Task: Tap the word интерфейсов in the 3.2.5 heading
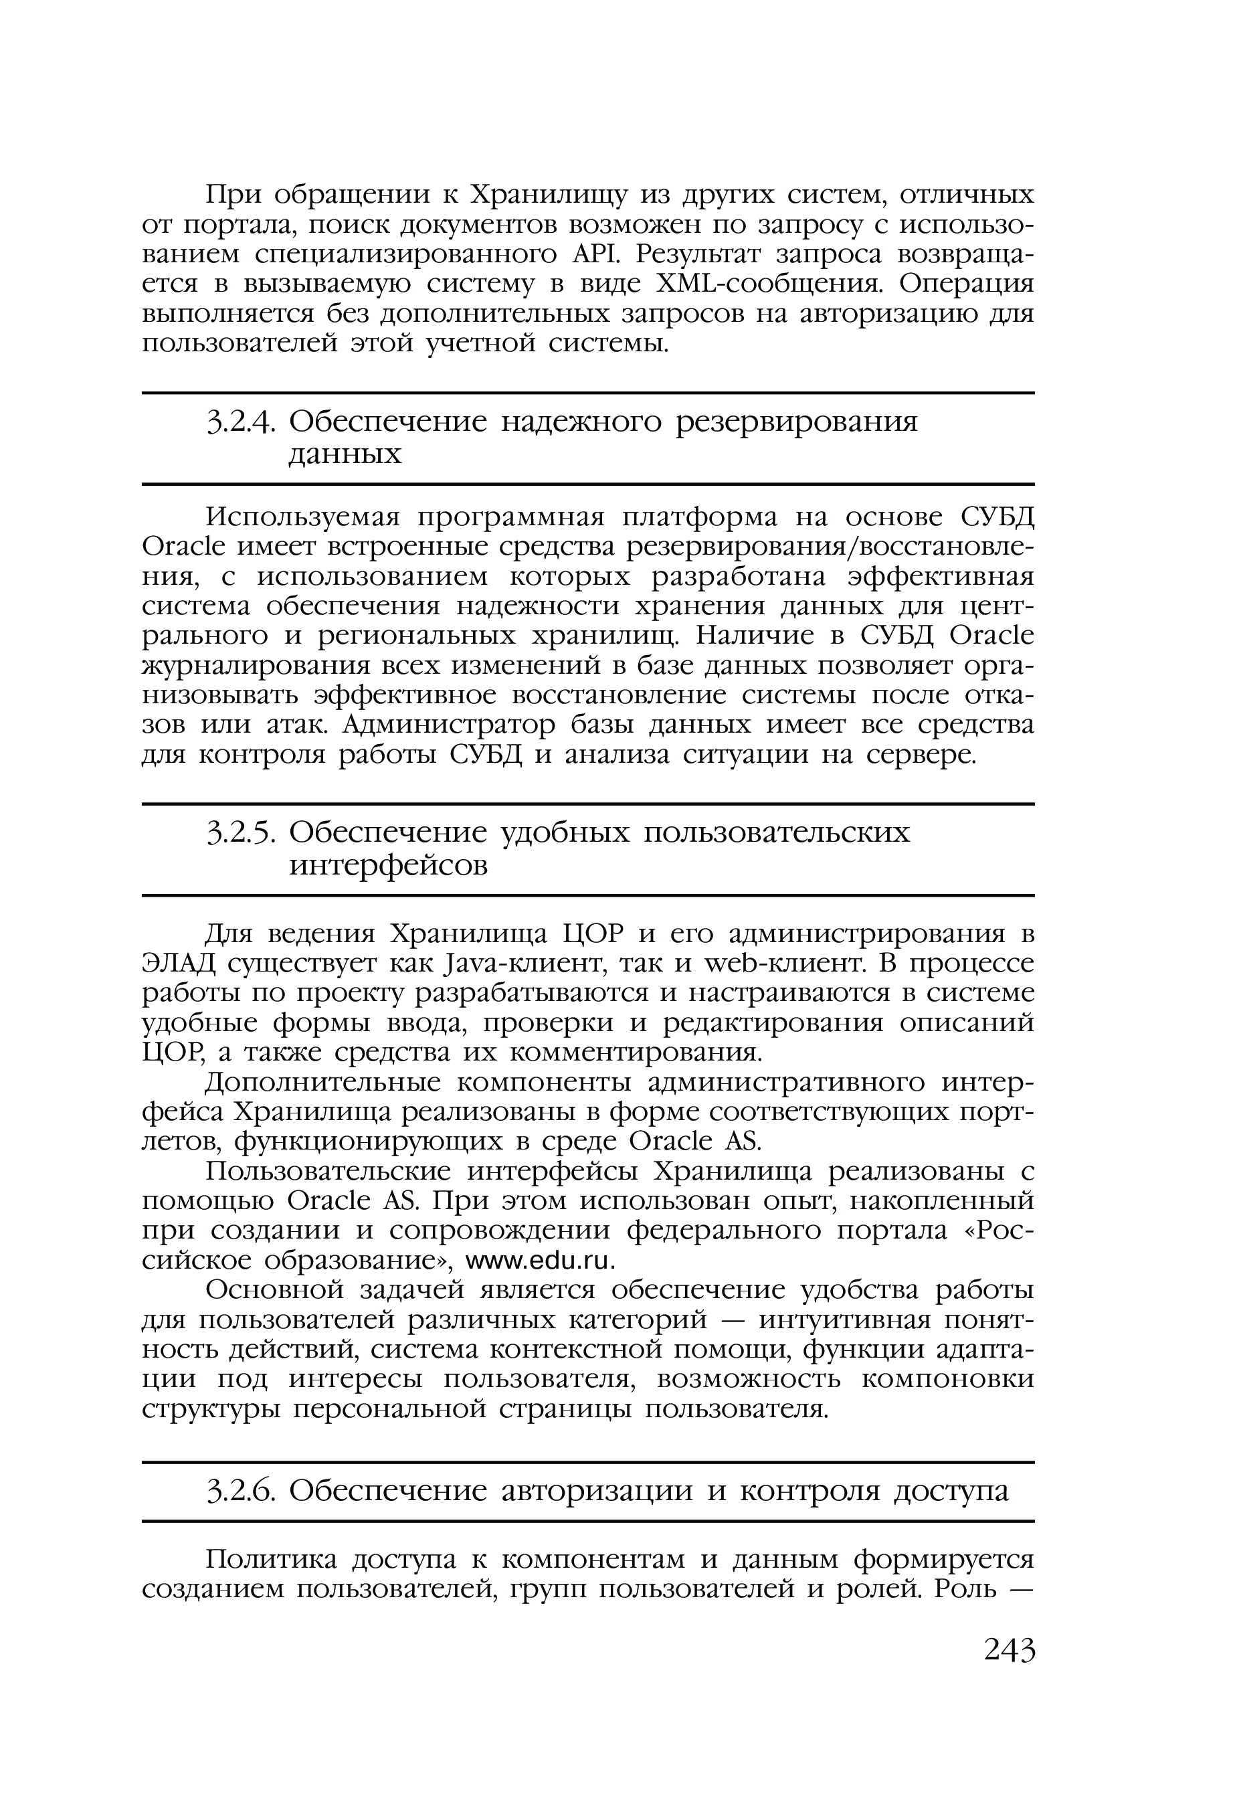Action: click(x=388, y=865)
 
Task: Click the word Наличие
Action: click(x=752, y=636)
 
